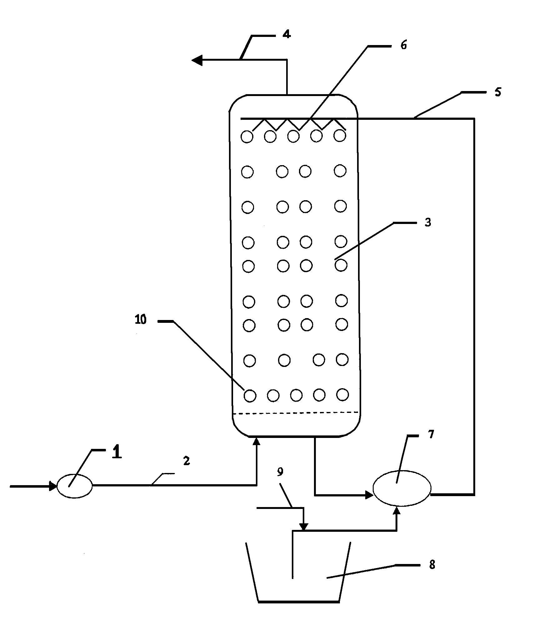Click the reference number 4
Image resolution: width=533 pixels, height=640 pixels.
tap(286, 34)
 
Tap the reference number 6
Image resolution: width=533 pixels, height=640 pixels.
tap(404, 45)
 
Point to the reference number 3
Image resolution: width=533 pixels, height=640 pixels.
tap(428, 223)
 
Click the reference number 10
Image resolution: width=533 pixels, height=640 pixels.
tap(141, 320)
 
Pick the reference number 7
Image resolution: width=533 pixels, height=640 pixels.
tap(431, 434)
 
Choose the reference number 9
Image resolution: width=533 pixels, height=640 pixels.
tap(280, 472)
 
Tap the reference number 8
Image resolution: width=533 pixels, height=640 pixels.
tap(432, 565)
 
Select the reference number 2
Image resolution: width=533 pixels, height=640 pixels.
tap(187, 461)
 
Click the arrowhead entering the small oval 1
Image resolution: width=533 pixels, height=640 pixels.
tap(53, 486)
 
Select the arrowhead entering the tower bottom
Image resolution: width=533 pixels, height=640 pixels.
tap(257, 441)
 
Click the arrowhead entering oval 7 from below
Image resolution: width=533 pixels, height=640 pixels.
tap(397, 510)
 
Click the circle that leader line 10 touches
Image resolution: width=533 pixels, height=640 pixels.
tap(250, 396)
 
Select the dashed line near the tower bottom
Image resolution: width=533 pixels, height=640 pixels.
tap(296, 413)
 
